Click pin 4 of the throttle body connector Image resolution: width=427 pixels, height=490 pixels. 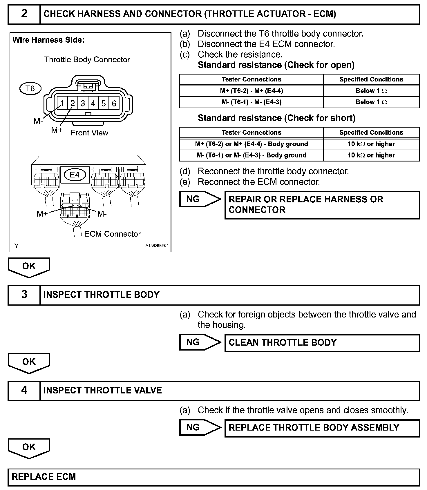tap(93, 103)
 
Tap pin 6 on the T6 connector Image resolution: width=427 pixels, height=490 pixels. tap(114, 103)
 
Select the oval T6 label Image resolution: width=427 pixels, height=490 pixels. tap(30, 88)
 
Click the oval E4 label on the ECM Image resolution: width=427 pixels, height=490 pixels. tap(75, 175)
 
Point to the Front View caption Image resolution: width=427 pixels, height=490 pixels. tap(89, 133)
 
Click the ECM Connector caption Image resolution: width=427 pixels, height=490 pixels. tap(112, 234)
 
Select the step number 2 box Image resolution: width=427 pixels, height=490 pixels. tap(24, 14)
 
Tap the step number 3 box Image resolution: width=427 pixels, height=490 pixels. tap(24, 295)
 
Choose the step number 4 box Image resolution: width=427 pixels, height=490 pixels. tap(24, 390)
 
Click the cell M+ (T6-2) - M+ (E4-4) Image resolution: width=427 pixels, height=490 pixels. tap(251, 91)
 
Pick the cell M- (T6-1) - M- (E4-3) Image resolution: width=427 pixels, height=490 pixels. tap(251, 102)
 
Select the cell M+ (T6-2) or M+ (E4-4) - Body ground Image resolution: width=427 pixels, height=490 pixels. tap(251, 144)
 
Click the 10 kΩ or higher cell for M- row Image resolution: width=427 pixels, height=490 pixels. tap(371, 155)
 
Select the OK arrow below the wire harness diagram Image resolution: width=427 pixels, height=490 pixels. tap(29, 267)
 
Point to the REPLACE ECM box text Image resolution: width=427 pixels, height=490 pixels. tap(44, 477)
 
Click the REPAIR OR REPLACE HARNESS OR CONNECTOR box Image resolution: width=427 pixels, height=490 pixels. tap(322, 205)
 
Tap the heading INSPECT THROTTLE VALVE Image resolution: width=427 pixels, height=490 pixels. tap(103, 390)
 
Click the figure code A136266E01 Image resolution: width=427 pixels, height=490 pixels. tap(157, 246)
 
